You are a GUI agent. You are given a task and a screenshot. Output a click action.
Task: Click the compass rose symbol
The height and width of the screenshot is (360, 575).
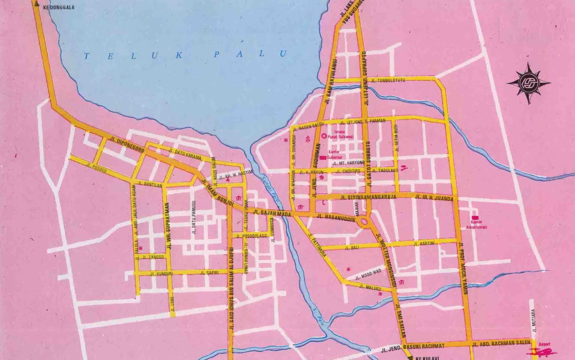[529, 83]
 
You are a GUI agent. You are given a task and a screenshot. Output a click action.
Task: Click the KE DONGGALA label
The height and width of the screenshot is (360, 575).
[58, 7]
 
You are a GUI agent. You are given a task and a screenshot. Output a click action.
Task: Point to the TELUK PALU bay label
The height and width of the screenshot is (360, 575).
[186, 55]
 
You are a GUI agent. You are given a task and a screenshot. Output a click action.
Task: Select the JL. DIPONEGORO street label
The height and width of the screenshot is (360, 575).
[128, 144]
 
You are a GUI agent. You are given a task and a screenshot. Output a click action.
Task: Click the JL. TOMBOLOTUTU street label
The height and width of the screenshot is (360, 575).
[388, 80]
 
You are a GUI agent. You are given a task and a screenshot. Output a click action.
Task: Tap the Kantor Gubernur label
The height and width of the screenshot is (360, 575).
[334, 155]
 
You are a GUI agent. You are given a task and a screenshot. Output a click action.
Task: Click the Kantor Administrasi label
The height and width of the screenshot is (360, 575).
[476, 225]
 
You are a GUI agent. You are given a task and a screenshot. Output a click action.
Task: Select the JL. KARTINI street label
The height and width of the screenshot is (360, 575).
[424, 244]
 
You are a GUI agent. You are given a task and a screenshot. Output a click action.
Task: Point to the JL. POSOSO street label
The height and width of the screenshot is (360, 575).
[97, 167]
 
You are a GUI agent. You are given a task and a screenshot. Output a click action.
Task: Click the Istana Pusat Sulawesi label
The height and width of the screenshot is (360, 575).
[340, 135]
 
